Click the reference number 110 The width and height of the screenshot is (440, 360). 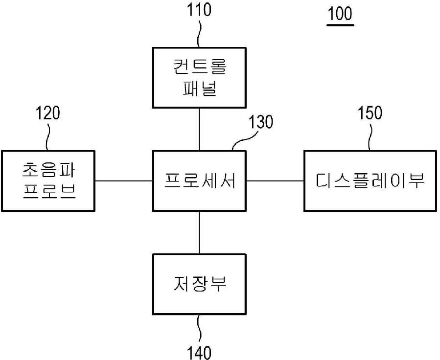(199, 10)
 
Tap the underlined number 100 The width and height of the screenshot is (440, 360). (340, 14)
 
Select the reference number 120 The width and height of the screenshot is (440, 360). (48, 113)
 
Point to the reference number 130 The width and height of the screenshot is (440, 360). (261, 122)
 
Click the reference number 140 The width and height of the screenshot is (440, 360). (199, 352)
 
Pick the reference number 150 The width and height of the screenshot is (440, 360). (370, 113)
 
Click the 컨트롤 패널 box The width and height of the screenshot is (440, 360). (199, 77)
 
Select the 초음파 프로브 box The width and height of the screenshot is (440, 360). (48, 181)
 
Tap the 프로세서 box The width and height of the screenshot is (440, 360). (199, 181)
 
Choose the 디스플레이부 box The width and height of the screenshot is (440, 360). (370, 181)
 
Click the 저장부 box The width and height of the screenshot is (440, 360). (199, 284)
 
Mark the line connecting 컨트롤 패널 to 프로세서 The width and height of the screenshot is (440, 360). (199, 129)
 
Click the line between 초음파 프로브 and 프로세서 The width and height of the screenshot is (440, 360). (124, 181)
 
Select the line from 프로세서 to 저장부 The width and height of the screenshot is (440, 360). (199, 232)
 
